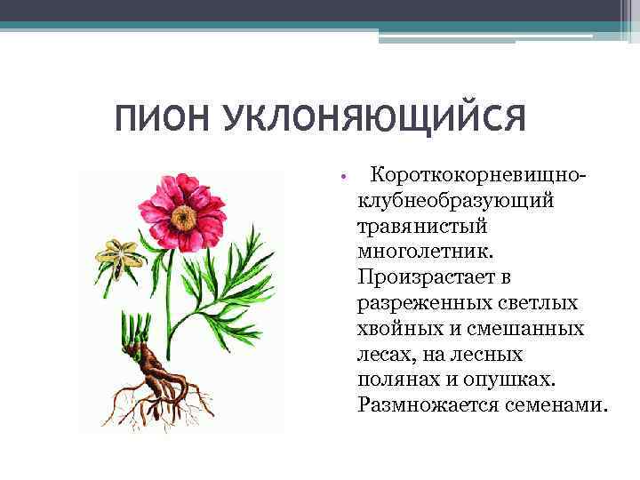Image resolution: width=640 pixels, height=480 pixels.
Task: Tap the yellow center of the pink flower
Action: point(185,216)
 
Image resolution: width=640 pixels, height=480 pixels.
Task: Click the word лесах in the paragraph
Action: point(384,355)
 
